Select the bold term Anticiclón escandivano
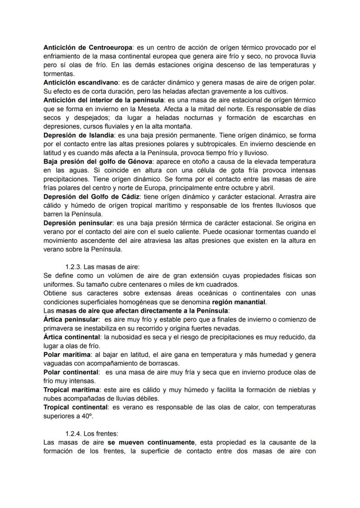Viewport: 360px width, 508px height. click(x=78, y=83)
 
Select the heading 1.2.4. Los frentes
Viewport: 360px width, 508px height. click(x=91, y=433)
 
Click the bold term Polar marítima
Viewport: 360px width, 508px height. click(x=64, y=355)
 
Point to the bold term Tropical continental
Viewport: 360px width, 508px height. click(x=75, y=407)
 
